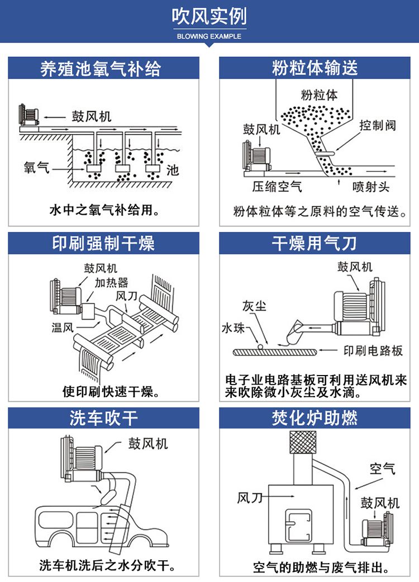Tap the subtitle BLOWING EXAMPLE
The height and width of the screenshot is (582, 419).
click(x=209, y=36)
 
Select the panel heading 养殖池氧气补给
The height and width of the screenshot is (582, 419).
click(x=103, y=68)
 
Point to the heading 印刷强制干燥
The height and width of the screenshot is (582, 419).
click(x=103, y=243)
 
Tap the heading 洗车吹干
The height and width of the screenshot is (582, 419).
click(x=103, y=418)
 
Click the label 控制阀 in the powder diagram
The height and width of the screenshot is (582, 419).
click(x=378, y=125)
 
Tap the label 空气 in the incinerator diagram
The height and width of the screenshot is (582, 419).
click(x=382, y=468)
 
